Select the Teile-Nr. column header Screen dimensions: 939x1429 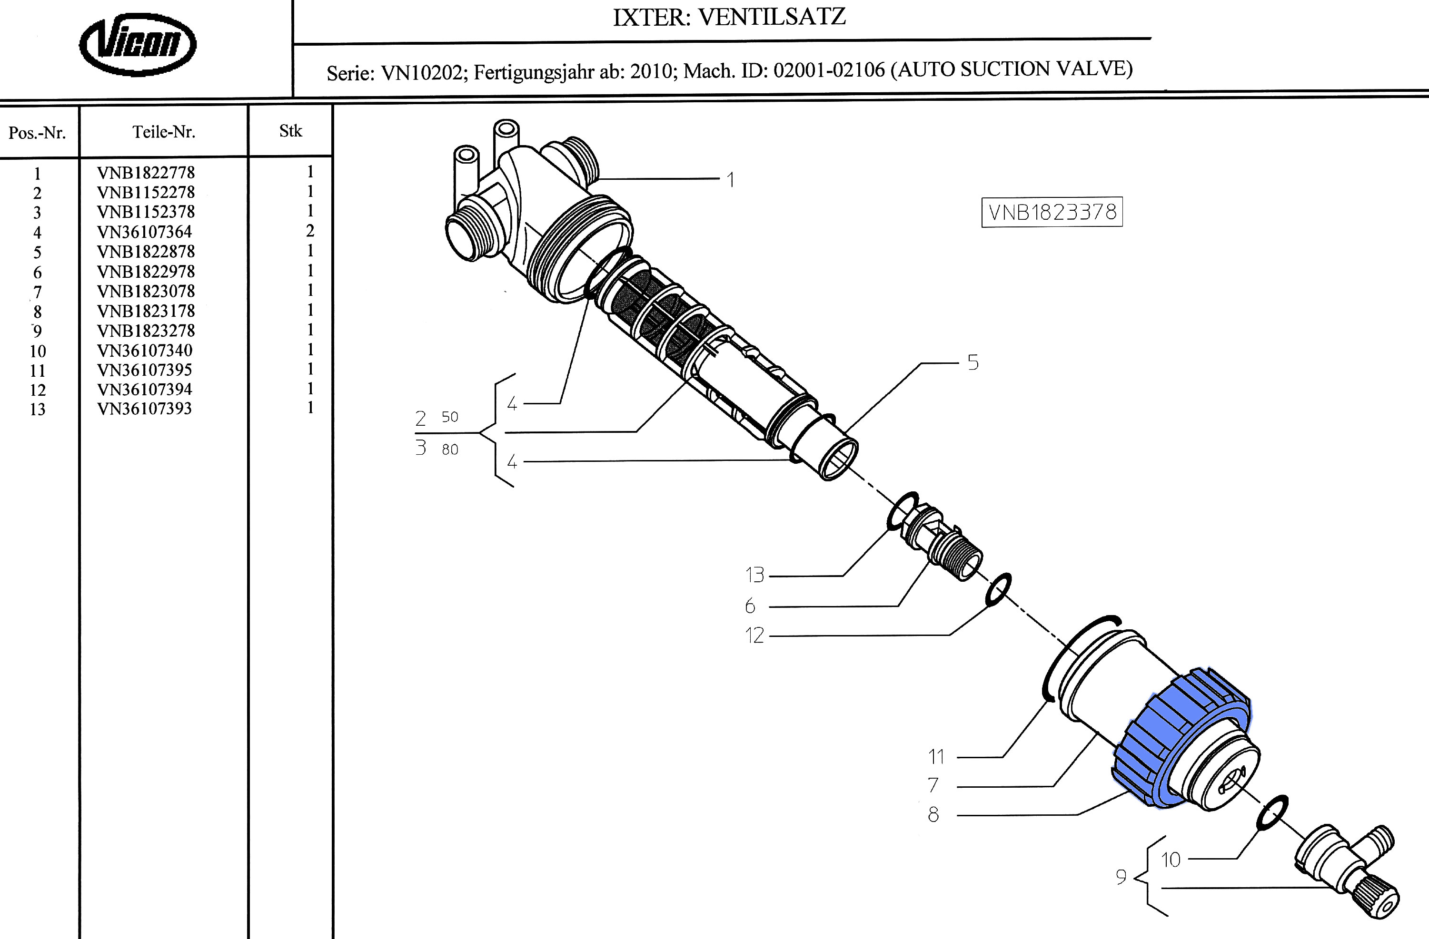click(x=164, y=132)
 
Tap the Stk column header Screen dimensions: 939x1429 click(x=290, y=131)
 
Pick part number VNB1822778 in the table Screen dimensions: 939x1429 click(x=146, y=173)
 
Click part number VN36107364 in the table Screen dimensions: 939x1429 click(x=145, y=232)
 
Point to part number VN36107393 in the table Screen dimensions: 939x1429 click(x=145, y=409)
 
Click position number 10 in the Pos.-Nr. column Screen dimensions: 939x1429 click(x=37, y=351)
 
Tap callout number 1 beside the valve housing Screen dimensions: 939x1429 click(x=731, y=180)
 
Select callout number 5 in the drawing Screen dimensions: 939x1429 click(x=973, y=363)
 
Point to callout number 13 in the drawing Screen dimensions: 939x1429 click(x=755, y=575)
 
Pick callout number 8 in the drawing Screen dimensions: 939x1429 click(x=933, y=815)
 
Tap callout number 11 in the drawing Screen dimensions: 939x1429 click(x=936, y=757)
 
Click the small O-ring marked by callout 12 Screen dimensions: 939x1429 click(x=999, y=590)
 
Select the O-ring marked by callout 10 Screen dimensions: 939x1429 click(x=1272, y=813)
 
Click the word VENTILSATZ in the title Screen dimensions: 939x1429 click(x=772, y=17)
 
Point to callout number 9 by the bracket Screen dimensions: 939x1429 click(x=1121, y=877)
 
